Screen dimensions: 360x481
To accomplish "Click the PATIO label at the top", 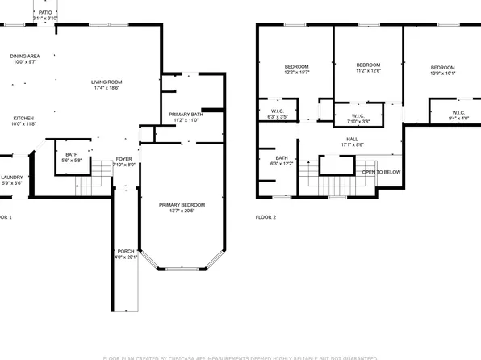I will tap(44, 12).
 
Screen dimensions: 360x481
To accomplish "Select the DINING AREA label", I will tap(23, 56).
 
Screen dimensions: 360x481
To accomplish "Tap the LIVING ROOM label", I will tap(106, 82).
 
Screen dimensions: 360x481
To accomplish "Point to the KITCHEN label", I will tap(23, 118).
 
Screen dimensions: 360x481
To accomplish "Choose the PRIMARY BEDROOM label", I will tap(182, 205).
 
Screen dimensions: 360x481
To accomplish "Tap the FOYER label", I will tap(123, 159).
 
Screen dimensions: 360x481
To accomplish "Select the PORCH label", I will tap(126, 251).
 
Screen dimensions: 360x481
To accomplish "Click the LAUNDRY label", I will tap(11, 178).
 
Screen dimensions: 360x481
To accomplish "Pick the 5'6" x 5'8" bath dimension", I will tap(72, 160).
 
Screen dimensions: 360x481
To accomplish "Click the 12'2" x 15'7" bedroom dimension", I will tap(297, 73).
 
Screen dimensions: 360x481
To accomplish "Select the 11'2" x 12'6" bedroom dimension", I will tap(368, 71).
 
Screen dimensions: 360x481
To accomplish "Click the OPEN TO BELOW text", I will tap(381, 172).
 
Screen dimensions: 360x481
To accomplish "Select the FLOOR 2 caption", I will tap(266, 218).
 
